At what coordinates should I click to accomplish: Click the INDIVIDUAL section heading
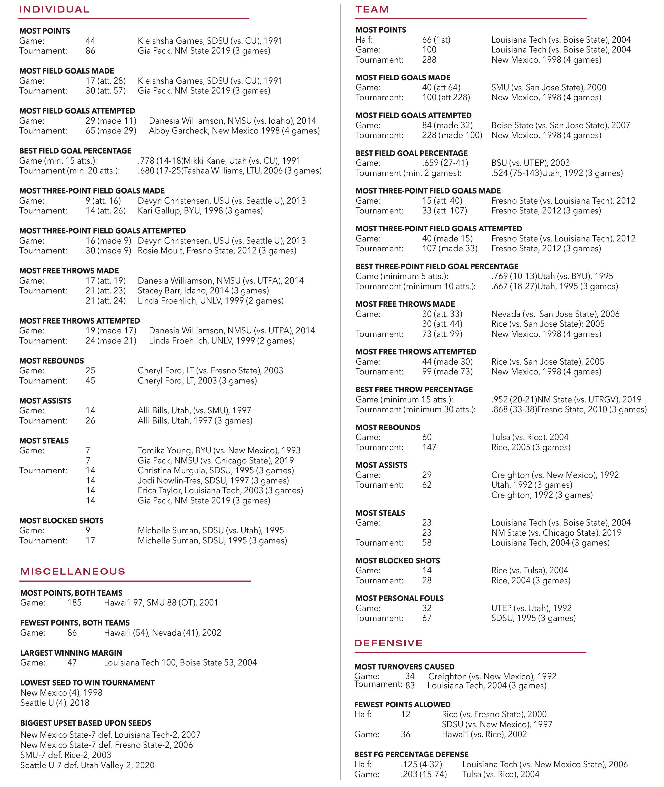pos(54,9)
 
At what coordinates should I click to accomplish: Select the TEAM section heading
pos(372,9)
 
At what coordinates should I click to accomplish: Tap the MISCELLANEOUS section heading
pos(73,571)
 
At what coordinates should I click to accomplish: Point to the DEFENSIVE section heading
pos(388,643)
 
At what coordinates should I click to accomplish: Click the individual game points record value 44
pos(90,41)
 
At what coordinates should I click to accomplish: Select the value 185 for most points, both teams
pos(75,603)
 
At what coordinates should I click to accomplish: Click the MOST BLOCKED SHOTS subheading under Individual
pos(61,521)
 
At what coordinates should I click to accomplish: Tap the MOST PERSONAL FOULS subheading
pos(399,598)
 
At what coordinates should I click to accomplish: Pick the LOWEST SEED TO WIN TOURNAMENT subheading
pos(87,683)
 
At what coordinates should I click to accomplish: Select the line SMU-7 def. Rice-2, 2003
pos(66,755)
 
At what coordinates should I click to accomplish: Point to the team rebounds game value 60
pos(427,437)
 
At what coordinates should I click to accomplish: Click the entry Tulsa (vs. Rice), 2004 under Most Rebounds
pos(529,437)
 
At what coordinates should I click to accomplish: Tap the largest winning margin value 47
pos(72,662)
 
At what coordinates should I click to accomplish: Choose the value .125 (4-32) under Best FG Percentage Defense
pos(421,764)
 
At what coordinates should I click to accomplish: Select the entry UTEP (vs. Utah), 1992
pos(531,608)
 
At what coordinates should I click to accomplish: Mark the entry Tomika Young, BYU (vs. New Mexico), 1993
pos(219,450)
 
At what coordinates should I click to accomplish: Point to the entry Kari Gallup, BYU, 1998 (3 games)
pos(200,211)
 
